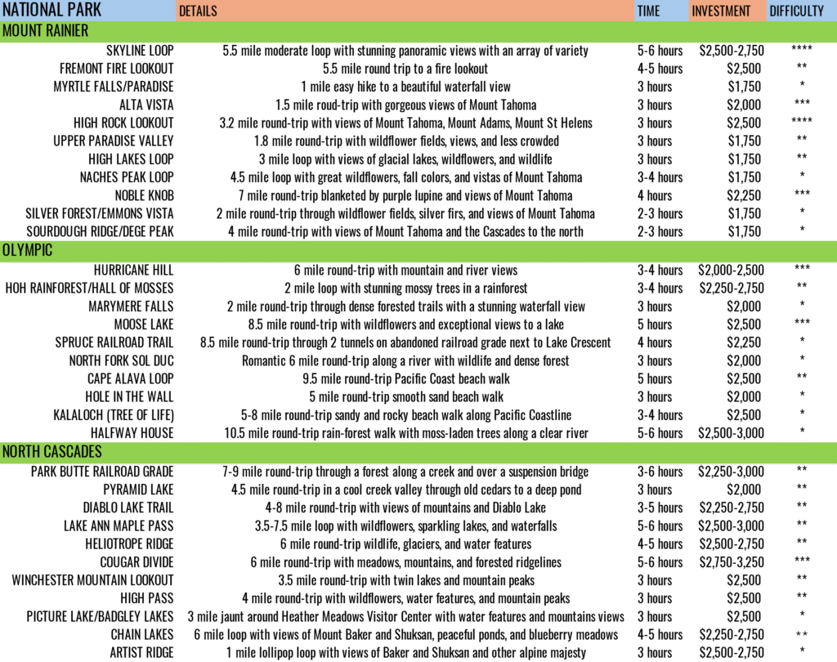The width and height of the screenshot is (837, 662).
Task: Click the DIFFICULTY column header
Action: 796,11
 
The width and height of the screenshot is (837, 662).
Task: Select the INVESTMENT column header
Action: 721,11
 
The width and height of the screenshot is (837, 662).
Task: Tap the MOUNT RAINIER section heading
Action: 46,31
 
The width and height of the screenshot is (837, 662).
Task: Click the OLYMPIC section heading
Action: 27,250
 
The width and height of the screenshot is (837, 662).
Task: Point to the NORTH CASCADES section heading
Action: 51,452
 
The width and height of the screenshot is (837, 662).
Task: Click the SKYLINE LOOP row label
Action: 140,51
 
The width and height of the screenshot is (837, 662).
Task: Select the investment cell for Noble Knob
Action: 744,196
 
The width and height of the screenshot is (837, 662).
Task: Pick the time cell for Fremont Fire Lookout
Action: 660,69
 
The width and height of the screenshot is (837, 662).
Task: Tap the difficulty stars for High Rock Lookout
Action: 802,121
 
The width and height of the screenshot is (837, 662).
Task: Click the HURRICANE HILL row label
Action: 133,271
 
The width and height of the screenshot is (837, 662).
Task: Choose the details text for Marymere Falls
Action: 405,306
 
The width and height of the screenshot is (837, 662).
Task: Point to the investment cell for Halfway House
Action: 731,433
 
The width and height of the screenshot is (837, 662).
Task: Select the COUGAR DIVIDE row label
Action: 137,562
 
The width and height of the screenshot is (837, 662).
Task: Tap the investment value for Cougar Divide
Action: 732,562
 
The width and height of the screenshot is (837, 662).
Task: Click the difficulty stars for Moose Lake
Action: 802,322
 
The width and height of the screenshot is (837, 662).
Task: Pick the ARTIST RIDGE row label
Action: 141,653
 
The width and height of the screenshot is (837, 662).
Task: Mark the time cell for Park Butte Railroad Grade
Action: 660,472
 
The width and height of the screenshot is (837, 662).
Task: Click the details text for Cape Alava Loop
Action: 405,379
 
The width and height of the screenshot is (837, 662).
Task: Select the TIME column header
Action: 648,11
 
